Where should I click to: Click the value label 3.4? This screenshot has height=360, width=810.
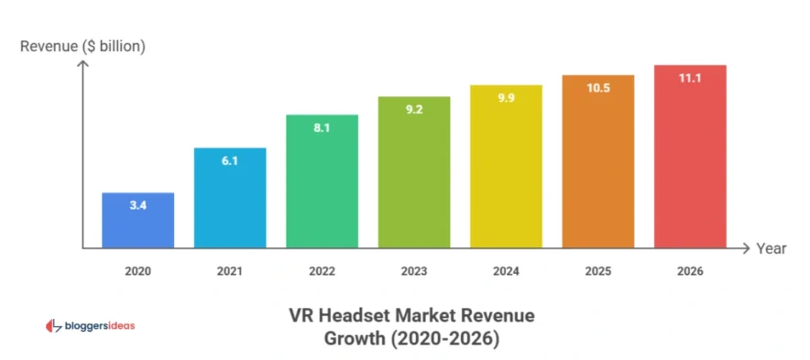(x=137, y=206)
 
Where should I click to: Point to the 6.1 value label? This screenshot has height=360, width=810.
(x=229, y=161)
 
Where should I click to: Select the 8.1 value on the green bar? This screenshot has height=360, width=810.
(x=322, y=128)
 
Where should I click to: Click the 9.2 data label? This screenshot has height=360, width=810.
(x=413, y=110)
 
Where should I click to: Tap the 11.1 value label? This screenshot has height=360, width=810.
(x=690, y=79)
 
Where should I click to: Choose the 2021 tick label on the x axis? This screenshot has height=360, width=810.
(x=229, y=271)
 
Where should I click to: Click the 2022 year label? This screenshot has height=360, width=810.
(x=322, y=271)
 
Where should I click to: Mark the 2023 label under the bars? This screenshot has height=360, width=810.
(x=413, y=271)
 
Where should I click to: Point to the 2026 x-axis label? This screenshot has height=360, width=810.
(x=690, y=271)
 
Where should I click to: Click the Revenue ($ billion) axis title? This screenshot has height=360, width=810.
(x=83, y=45)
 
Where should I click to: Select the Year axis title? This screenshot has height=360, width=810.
(x=772, y=248)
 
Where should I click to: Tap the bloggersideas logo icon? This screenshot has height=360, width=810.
(x=53, y=325)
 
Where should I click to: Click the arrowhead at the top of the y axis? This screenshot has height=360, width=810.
(x=83, y=64)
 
